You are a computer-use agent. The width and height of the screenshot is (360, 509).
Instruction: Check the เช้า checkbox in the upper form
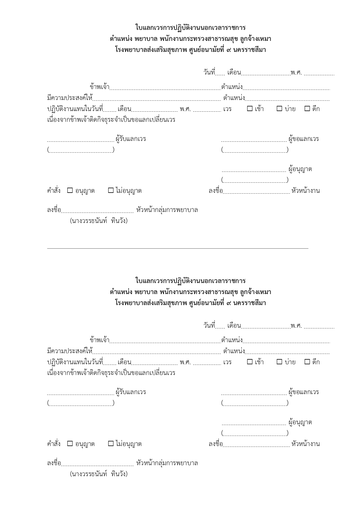click(250, 109)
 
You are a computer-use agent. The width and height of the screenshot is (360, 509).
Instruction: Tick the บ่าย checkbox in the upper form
click(279, 109)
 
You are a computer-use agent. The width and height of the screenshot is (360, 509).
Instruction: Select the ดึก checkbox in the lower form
click(307, 362)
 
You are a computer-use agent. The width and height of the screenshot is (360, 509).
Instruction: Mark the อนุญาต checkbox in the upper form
click(70, 191)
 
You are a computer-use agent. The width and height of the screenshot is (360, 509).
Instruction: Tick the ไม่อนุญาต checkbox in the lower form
click(111, 443)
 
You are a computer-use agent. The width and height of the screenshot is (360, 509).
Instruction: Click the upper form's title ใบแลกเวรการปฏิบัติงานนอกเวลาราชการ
click(190, 28)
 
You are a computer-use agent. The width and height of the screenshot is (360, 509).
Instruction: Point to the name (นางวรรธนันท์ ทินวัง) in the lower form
click(99, 474)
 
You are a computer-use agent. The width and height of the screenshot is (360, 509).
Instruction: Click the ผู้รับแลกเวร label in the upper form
click(131, 139)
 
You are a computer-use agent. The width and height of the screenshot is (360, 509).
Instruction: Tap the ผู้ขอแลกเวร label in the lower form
click(304, 392)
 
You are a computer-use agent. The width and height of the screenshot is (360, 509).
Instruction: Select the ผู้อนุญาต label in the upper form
click(300, 169)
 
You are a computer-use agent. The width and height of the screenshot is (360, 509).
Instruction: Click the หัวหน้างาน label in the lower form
click(306, 444)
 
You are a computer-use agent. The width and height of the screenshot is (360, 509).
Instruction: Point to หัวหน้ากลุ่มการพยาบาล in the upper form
click(167, 210)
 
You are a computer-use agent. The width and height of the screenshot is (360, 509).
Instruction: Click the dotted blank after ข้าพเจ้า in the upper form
click(165, 87)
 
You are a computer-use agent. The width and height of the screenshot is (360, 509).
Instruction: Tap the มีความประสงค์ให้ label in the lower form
click(70, 351)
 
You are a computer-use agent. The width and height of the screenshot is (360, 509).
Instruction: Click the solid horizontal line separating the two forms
click(178, 248)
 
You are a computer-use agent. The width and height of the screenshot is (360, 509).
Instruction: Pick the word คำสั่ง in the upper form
click(54, 191)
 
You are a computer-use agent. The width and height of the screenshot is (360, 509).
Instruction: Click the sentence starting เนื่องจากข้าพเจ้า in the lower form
click(111, 373)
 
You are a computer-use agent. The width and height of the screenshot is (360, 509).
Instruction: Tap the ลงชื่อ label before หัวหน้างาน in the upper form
click(216, 191)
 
